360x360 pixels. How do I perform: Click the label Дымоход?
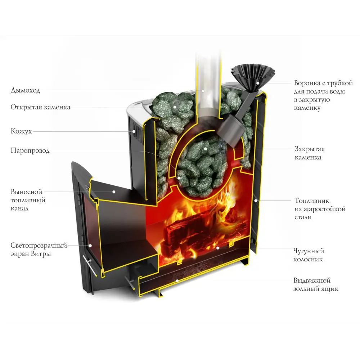[x=25, y=90]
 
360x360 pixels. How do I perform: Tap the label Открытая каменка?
[x=40, y=107]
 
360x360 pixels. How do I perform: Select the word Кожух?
[x=21, y=131]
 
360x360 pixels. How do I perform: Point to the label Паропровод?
[x=30, y=150]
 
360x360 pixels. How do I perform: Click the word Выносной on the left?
[x=26, y=192]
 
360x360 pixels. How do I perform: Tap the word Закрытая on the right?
[x=310, y=149]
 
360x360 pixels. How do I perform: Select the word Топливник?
[x=312, y=201]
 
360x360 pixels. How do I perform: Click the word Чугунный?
[x=309, y=251]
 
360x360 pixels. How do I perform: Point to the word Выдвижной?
[x=312, y=280]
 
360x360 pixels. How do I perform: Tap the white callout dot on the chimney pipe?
[x=203, y=91]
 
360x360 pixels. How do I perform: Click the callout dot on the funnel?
[x=258, y=83]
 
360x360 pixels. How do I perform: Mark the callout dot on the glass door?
[x=90, y=246]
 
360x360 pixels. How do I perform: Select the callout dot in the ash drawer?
[x=177, y=280]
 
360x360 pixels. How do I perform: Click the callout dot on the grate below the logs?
[x=218, y=248]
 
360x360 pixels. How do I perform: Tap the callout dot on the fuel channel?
[x=114, y=192]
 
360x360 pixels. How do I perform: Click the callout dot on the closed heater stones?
[x=206, y=149]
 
